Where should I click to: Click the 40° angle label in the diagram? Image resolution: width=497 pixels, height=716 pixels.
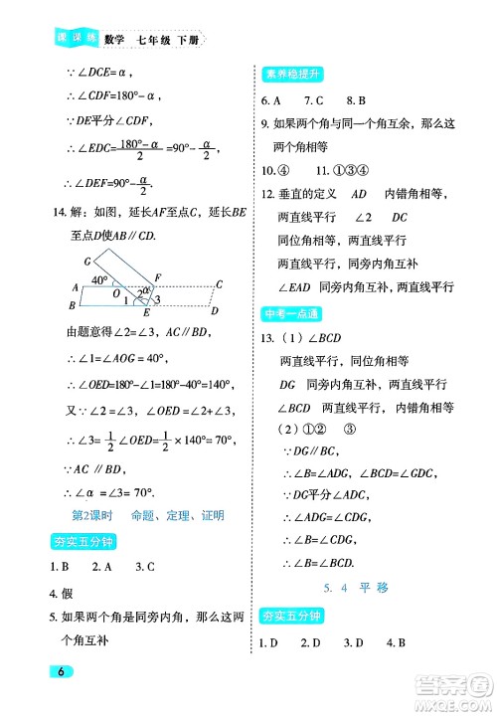tap(98, 280)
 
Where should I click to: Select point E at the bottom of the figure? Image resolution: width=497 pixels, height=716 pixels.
tap(146, 311)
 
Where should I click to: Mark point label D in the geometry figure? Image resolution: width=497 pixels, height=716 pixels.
tap(215, 309)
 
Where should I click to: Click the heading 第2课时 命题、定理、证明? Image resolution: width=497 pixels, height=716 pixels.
tap(149, 515)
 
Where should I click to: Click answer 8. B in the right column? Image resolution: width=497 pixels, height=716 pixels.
tap(357, 100)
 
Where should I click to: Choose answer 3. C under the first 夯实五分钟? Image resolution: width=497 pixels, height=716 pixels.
tap(146, 567)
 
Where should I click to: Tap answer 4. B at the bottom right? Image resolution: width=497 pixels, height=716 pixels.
tap(397, 642)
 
